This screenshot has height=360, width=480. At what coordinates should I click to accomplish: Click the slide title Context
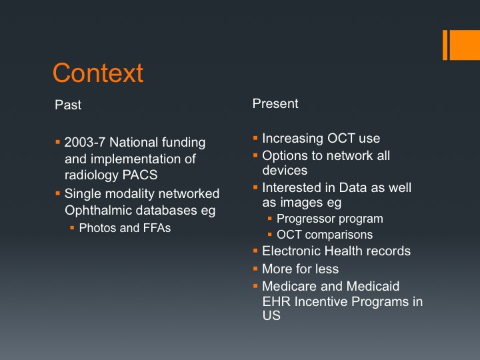click(98, 73)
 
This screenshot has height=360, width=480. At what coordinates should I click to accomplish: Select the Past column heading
click(68, 105)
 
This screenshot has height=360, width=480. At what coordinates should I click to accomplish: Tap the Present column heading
click(275, 103)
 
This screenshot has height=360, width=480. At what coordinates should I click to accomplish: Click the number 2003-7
click(85, 143)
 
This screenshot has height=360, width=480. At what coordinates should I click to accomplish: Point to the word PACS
click(140, 175)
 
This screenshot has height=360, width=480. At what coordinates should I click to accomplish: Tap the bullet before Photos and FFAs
click(72, 227)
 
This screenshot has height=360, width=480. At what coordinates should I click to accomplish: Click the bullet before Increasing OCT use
click(255, 138)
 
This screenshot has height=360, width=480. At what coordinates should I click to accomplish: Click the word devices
click(285, 170)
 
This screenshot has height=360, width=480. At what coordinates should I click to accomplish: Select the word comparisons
click(339, 235)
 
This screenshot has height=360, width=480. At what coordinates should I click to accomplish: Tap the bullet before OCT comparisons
click(270, 235)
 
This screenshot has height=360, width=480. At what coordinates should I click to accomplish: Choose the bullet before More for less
click(255, 269)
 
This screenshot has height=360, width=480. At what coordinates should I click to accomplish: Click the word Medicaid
click(373, 287)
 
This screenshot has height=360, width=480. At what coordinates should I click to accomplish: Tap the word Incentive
click(321, 301)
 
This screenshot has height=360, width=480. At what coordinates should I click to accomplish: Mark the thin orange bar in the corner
click(445, 45)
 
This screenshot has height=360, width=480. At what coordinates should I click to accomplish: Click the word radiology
click(92, 175)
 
